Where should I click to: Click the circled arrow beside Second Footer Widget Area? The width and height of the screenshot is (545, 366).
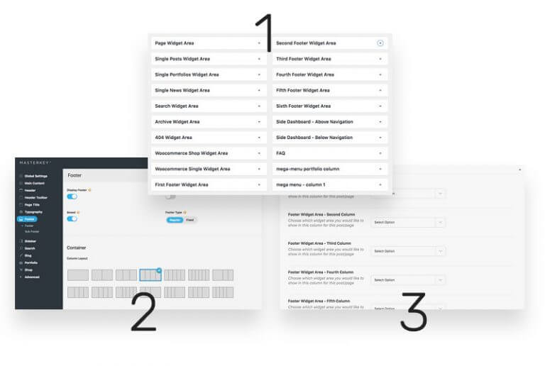coord(380,43)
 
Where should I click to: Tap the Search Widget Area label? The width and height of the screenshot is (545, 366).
coord(177,106)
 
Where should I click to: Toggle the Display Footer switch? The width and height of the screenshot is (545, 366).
coord(72,196)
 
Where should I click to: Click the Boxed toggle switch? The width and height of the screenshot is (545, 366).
coord(72,219)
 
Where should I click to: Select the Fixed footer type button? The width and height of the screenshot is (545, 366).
coord(189,220)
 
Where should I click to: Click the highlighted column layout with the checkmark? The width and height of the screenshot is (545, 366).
coord(150,275)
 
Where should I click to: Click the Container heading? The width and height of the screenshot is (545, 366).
coord(77,248)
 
